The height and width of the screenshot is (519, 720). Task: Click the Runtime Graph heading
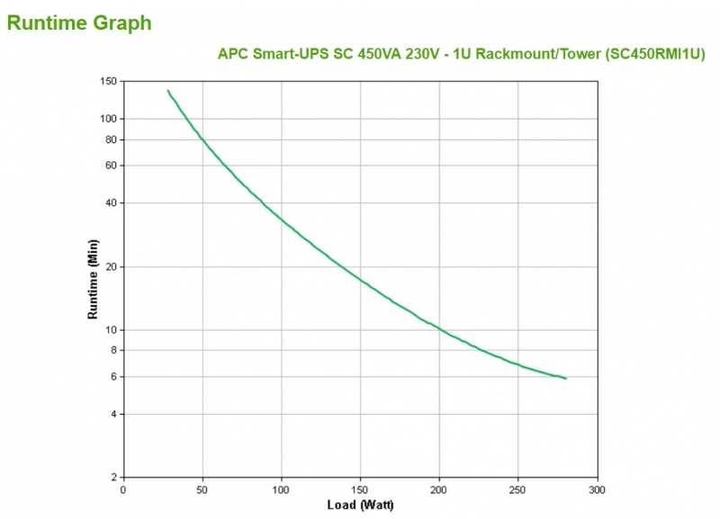[79, 22]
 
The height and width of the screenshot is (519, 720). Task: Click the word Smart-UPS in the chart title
[286, 53]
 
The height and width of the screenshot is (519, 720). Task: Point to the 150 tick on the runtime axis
[109, 82]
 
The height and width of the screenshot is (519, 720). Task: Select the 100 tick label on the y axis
[109, 119]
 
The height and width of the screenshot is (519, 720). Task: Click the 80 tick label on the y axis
[112, 139]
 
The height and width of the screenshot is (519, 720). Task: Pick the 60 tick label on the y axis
[112, 166]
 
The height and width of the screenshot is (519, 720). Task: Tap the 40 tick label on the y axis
[112, 203]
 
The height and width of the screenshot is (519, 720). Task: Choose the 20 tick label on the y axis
[112, 267]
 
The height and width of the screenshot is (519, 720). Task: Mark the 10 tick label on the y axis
[112, 330]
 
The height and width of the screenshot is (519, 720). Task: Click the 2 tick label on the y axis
[114, 478]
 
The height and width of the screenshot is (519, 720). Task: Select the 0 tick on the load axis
[123, 490]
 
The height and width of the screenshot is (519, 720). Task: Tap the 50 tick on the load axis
[202, 490]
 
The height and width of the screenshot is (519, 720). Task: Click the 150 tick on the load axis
[360, 490]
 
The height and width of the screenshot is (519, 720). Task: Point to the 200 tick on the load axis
[439, 490]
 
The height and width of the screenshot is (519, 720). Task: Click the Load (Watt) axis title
[360, 506]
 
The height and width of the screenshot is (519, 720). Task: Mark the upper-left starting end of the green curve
[167, 90]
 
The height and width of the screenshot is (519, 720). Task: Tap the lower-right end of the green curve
[566, 379]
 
